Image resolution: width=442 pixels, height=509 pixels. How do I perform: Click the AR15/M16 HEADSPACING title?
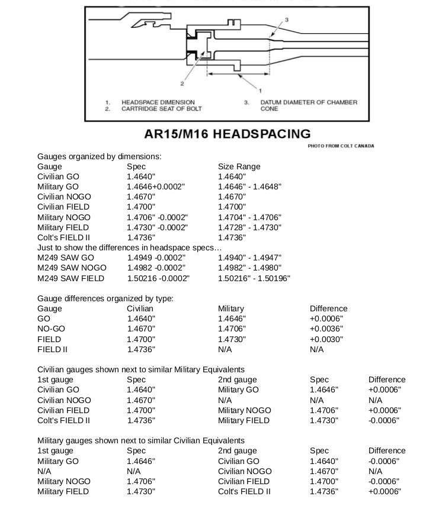click(x=227, y=134)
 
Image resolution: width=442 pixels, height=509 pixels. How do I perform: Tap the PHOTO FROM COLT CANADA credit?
click(x=341, y=146)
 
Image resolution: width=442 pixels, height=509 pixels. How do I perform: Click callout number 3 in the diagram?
click(x=287, y=20)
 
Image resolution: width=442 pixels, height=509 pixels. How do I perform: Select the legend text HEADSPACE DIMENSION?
click(x=158, y=102)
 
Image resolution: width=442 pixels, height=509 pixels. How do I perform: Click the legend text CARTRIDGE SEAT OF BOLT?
click(x=161, y=109)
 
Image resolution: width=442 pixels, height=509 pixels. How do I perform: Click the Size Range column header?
click(x=239, y=166)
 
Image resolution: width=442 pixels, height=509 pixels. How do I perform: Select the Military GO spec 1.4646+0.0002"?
click(x=156, y=186)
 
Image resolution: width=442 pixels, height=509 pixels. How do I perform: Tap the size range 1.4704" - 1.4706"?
click(x=249, y=217)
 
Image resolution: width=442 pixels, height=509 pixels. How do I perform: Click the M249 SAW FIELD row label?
click(x=71, y=278)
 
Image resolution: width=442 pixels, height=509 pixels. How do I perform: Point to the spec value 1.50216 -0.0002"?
click(x=158, y=278)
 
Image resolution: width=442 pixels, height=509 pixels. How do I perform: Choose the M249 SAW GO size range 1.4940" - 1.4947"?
click(x=249, y=258)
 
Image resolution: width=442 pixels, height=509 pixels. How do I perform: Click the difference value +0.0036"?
click(x=326, y=329)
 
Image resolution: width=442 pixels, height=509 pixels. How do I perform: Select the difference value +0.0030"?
click(x=326, y=339)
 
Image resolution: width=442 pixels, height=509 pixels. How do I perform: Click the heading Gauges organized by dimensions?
click(x=100, y=157)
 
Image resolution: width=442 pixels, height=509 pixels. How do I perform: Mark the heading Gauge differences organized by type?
click(x=105, y=298)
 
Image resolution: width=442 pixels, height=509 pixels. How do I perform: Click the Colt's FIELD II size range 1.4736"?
click(x=232, y=237)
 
